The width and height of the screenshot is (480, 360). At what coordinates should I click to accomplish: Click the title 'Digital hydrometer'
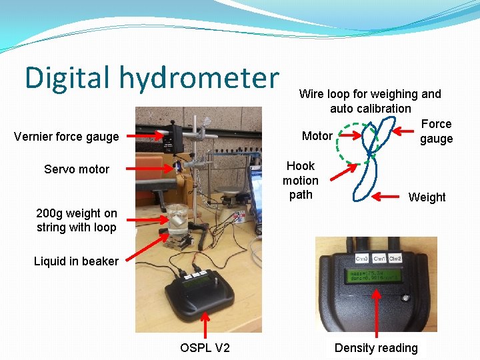click(x=151, y=77)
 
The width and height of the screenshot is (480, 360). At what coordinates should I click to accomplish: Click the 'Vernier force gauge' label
click(x=66, y=137)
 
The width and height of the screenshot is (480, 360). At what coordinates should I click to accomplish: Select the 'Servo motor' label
click(x=77, y=169)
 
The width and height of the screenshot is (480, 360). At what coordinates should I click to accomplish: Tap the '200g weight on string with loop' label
click(x=77, y=220)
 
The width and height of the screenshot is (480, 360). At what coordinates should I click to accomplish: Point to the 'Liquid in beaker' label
click(x=76, y=261)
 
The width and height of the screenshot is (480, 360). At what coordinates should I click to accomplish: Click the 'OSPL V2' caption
click(x=205, y=347)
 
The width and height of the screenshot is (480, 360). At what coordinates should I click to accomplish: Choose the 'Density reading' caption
click(x=376, y=347)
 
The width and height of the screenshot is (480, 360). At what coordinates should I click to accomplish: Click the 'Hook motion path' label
click(x=301, y=180)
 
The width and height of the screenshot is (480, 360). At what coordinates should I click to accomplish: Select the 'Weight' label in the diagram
click(x=427, y=197)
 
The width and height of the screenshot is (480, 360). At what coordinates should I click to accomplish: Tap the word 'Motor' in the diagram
click(x=317, y=136)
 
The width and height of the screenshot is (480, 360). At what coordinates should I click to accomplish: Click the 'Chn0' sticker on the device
click(x=362, y=258)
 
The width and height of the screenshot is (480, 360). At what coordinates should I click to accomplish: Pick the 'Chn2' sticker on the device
click(x=395, y=258)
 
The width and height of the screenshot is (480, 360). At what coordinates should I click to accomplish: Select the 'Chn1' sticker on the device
click(x=379, y=258)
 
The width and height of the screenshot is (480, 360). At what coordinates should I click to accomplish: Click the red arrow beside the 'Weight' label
click(x=388, y=196)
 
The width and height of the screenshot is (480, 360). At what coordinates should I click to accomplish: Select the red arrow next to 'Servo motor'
click(x=151, y=169)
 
